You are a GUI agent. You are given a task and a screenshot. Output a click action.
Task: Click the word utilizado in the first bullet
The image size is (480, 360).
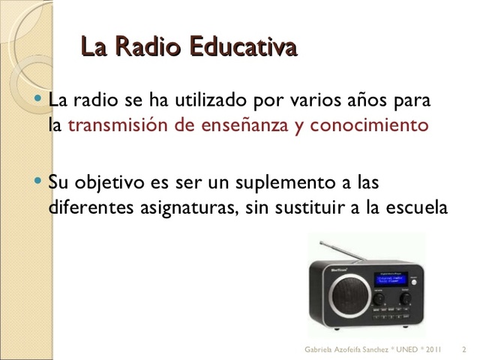click(x=209, y=100)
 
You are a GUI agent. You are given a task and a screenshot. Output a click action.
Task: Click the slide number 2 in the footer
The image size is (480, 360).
click(x=465, y=349)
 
